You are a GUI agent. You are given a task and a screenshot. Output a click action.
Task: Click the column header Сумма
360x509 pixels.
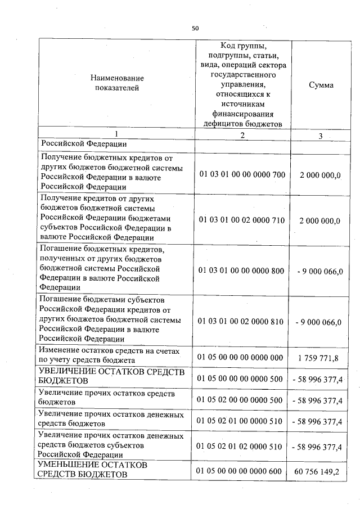pyautogui.click(x=321, y=85)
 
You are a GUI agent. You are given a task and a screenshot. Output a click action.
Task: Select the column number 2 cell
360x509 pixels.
pyautogui.click(x=242, y=135)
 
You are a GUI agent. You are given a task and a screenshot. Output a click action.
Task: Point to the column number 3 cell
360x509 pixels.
pyautogui.click(x=321, y=136)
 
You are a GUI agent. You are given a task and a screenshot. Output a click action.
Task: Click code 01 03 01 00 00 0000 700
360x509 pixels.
pyautogui.click(x=242, y=174)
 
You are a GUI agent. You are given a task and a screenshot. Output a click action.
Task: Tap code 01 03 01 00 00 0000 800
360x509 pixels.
pyautogui.click(x=242, y=271)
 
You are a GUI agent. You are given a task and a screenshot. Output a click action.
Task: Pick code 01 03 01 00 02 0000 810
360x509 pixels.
pyautogui.click(x=242, y=322)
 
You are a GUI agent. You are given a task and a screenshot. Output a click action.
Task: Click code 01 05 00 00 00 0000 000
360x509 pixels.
pyautogui.click(x=242, y=357)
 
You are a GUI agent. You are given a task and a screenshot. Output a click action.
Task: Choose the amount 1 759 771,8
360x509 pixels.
pyautogui.click(x=319, y=358)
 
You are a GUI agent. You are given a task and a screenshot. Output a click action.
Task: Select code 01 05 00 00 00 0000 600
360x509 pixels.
pyautogui.click(x=242, y=471)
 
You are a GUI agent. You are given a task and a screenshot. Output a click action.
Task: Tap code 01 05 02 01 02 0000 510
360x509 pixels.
pyautogui.click(x=242, y=447)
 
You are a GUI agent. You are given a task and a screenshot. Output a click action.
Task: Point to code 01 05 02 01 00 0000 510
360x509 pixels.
pyautogui.click(x=242, y=420)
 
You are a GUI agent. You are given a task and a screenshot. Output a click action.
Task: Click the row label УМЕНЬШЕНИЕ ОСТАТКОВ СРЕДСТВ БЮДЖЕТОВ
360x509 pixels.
pyautogui.click(x=93, y=470)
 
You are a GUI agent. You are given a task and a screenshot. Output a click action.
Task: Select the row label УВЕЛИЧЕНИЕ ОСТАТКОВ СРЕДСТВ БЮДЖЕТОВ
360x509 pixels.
pyautogui.click(x=109, y=375)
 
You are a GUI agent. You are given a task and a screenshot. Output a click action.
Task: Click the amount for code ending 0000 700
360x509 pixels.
pyautogui.click(x=320, y=175)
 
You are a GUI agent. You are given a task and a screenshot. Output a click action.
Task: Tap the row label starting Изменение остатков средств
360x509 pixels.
pyautogui.click(x=110, y=355)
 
